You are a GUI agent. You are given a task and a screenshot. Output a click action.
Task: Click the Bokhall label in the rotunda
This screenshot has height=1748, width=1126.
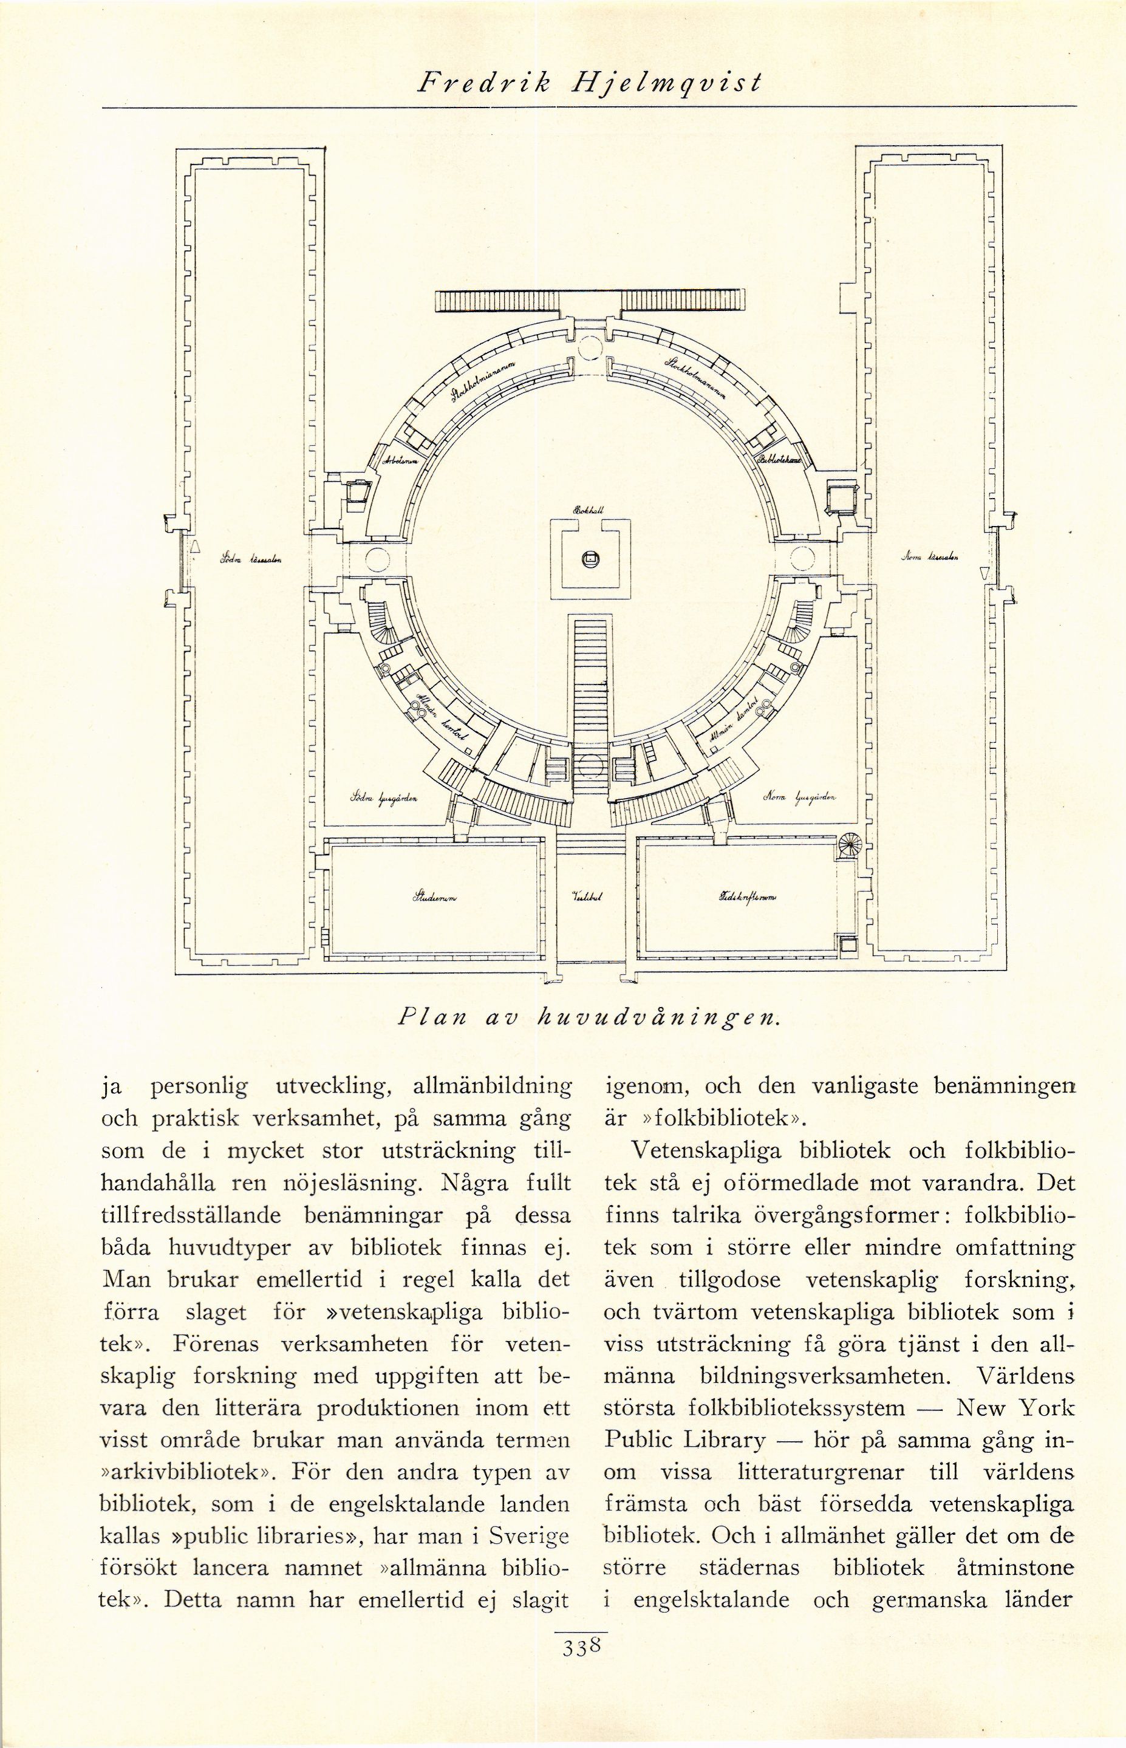[x=587, y=512]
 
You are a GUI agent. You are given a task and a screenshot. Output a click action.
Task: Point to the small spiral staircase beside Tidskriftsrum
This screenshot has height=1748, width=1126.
[x=850, y=846]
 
